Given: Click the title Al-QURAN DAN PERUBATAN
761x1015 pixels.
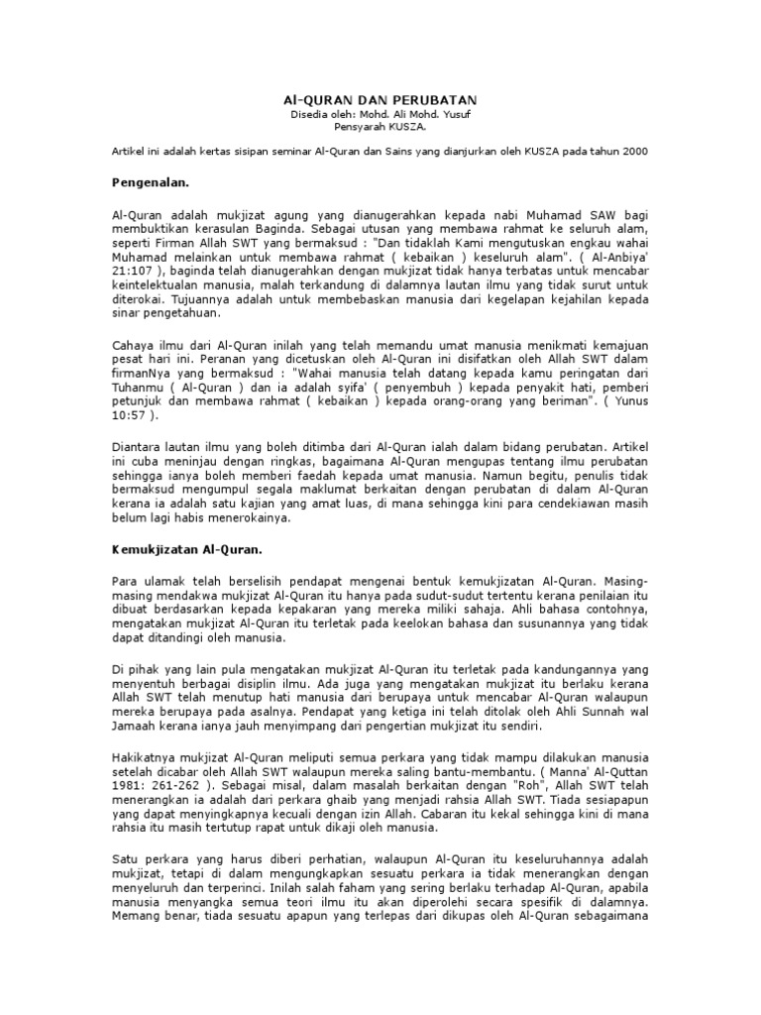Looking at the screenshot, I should pyautogui.click(x=380, y=100).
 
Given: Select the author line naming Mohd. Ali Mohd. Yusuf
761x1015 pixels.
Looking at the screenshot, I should pyautogui.click(x=380, y=115).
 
